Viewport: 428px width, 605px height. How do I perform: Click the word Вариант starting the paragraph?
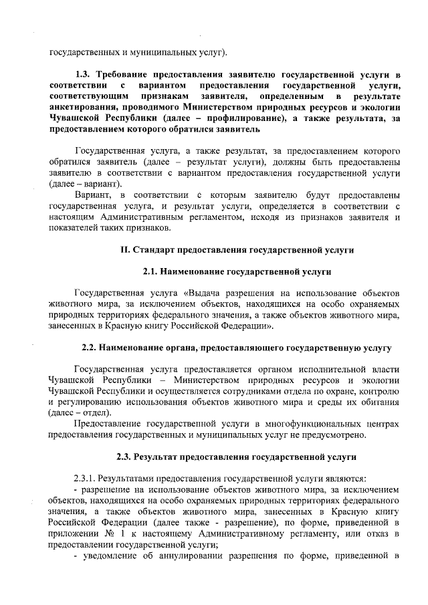click(92, 194)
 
